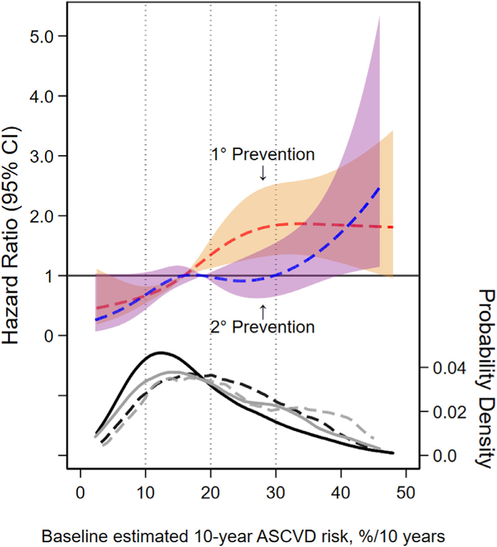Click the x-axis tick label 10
145,493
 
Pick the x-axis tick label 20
210,493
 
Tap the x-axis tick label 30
275,493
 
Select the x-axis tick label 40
341,493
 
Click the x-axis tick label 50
406,493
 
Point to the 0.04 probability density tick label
449,368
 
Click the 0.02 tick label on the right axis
449,412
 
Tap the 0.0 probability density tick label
445,456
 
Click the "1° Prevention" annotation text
263,155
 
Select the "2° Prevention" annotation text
263,327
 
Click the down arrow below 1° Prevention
263,173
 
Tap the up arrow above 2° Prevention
263,312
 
